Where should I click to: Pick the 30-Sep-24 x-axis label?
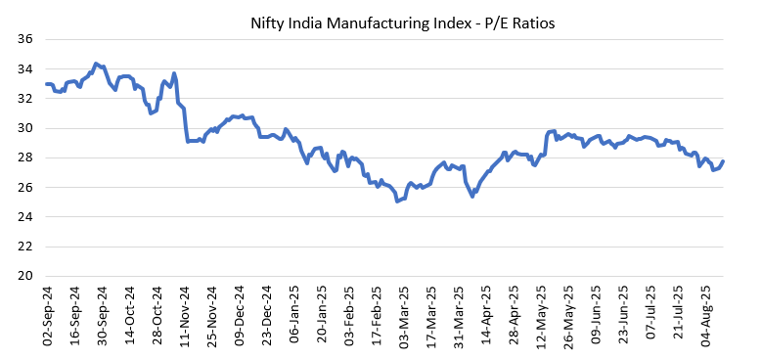[103, 311]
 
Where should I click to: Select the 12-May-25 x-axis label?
[542, 311]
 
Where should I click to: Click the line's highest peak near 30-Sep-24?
[95, 64]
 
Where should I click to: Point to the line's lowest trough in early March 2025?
[397, 201]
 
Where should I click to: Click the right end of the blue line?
[722, 161]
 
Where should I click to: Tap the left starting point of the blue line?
[46, 84]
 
